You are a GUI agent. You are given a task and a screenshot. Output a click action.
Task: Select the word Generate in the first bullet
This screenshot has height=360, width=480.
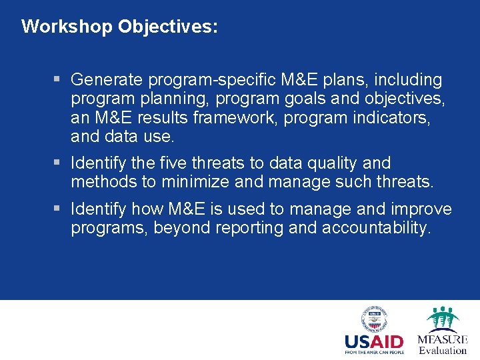point(107,80)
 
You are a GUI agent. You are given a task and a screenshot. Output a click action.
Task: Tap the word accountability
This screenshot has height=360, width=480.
point(377,228)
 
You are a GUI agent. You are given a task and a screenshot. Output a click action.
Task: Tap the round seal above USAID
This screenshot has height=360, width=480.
point(374,319)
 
